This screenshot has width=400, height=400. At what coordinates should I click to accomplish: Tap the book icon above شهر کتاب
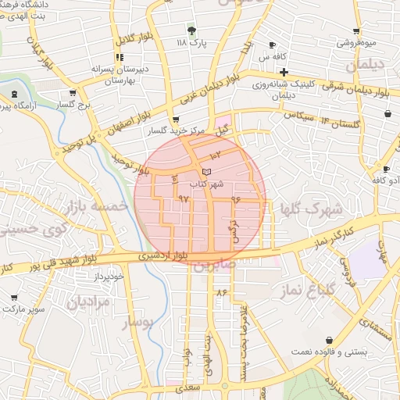tap(205, 171)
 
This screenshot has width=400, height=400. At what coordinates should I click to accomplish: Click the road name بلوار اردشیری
tap(162, 255)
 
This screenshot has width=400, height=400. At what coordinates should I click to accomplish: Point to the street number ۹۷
tap(184, 200)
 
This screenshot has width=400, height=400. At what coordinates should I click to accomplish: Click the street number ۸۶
tap(222, 293)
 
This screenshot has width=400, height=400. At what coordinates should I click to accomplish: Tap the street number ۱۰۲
tap(216, 157)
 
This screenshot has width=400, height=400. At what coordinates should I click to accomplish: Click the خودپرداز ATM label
tap(110, 277)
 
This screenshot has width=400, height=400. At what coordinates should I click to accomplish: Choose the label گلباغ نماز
tap(312, 291)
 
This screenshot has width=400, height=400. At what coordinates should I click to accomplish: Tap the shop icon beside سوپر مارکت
tap(15, 298)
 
